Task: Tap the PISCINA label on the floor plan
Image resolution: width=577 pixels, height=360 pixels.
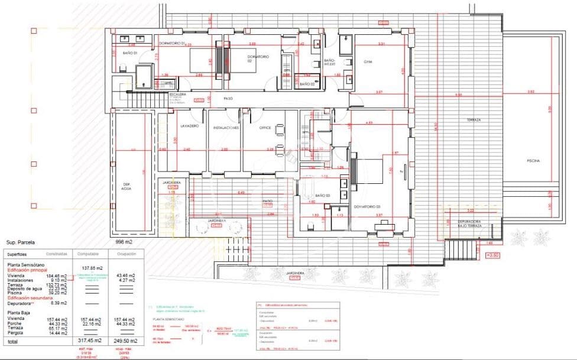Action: coord(535,161)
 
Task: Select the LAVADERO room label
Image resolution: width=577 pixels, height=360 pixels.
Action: coord(189,127)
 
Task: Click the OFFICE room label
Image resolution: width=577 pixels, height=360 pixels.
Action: coord(264,127)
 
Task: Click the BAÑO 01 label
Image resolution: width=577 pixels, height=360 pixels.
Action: coord(130,53)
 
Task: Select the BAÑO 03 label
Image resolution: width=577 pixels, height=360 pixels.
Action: coord(322,195)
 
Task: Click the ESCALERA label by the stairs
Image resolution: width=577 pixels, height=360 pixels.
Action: coord(178,94)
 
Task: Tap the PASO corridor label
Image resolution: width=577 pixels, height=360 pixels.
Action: coord(228,99)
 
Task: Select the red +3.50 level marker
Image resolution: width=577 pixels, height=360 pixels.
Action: coord(492,255)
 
